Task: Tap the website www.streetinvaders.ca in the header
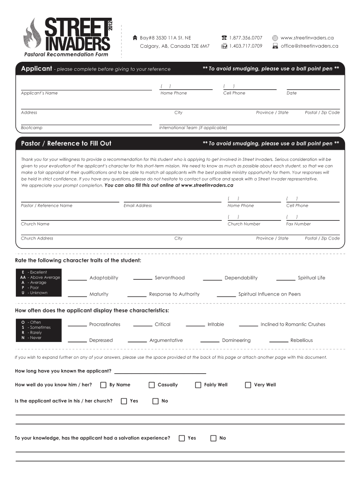307,37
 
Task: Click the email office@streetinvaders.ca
309,46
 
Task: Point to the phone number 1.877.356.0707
245,37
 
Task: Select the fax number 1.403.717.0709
245,46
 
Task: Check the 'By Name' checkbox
103,385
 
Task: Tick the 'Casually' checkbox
151,385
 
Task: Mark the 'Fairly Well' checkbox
198,385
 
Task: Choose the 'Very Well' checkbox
248,385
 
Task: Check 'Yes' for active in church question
123,401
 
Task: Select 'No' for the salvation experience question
213,438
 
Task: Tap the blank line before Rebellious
279,342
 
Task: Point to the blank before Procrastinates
78,326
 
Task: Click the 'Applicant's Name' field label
39,93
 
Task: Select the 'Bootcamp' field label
32,128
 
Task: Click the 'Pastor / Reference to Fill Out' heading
66,143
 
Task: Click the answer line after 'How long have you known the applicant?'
160,373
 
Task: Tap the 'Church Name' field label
35,224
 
